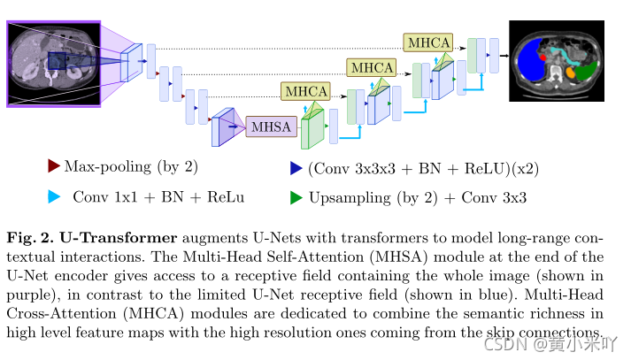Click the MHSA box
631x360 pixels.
pos(271,127)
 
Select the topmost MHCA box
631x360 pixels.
pos(427,42)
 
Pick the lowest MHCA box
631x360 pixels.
pos(305,91)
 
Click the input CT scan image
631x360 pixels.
pos(52,64)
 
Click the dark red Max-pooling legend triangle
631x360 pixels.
pos(54,165)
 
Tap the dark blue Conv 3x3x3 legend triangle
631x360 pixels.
pos(296,166)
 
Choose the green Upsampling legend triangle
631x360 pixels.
pos(296,197)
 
